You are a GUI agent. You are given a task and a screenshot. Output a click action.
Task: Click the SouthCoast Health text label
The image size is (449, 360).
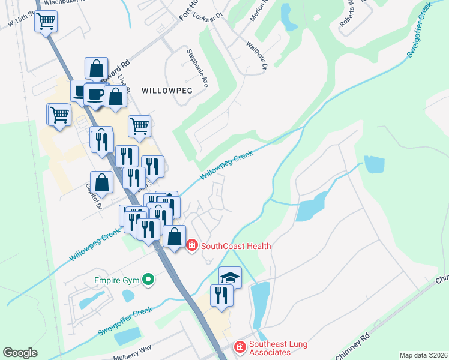click(x=236, y=246)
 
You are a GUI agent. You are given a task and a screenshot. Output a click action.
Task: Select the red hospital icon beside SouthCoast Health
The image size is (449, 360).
click(x=192, y=245)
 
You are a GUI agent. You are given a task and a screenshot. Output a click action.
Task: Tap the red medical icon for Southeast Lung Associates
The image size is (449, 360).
click(x=240, y=347)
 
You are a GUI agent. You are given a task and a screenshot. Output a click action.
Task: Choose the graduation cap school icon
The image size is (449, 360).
click(x=230, y=277)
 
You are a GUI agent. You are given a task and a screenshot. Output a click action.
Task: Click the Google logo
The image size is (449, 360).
click(x=20, y=353)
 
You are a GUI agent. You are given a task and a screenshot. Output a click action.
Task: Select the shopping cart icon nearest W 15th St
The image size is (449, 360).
click(x=46, y=22)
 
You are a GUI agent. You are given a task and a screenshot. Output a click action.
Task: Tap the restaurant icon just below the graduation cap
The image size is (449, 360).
click(x=221, y=295)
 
